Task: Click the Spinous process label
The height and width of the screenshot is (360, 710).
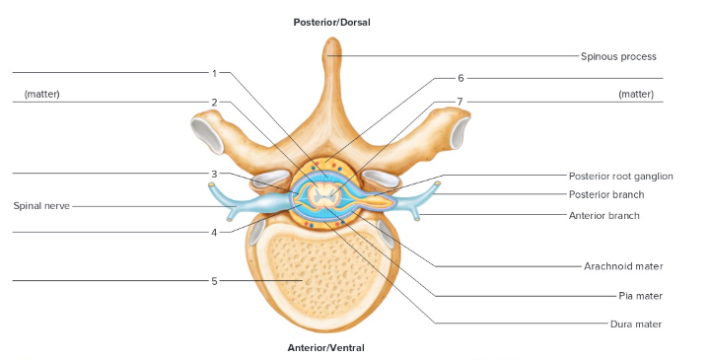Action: [x=618, y=56]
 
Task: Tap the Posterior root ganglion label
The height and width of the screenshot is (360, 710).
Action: [x=620, y=176]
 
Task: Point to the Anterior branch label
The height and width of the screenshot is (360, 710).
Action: [x=604, y=215]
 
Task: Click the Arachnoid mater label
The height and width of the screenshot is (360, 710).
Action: [x=623, y=266]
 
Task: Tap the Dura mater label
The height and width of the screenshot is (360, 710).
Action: [x=634, y=324]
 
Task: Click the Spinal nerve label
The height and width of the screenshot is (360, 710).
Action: [x=41, y=206]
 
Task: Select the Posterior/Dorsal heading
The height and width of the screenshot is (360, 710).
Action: [x=331, y=22]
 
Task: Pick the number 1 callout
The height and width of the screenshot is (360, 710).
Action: [x=213, y=73]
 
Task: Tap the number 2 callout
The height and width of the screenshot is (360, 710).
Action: [x=213, y=103]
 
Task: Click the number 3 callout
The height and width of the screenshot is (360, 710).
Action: [x=213, y=175]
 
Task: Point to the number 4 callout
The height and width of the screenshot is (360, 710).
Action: [x=213, y=233]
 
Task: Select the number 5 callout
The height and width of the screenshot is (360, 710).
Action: [x=213, y=281]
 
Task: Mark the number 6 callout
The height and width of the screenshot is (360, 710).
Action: [x=460, y=77]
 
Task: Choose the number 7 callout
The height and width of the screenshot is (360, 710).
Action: [x=460, y=101]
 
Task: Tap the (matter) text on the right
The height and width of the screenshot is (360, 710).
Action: [x=636, y=94]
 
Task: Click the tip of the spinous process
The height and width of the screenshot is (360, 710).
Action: [x=332, y=42]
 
